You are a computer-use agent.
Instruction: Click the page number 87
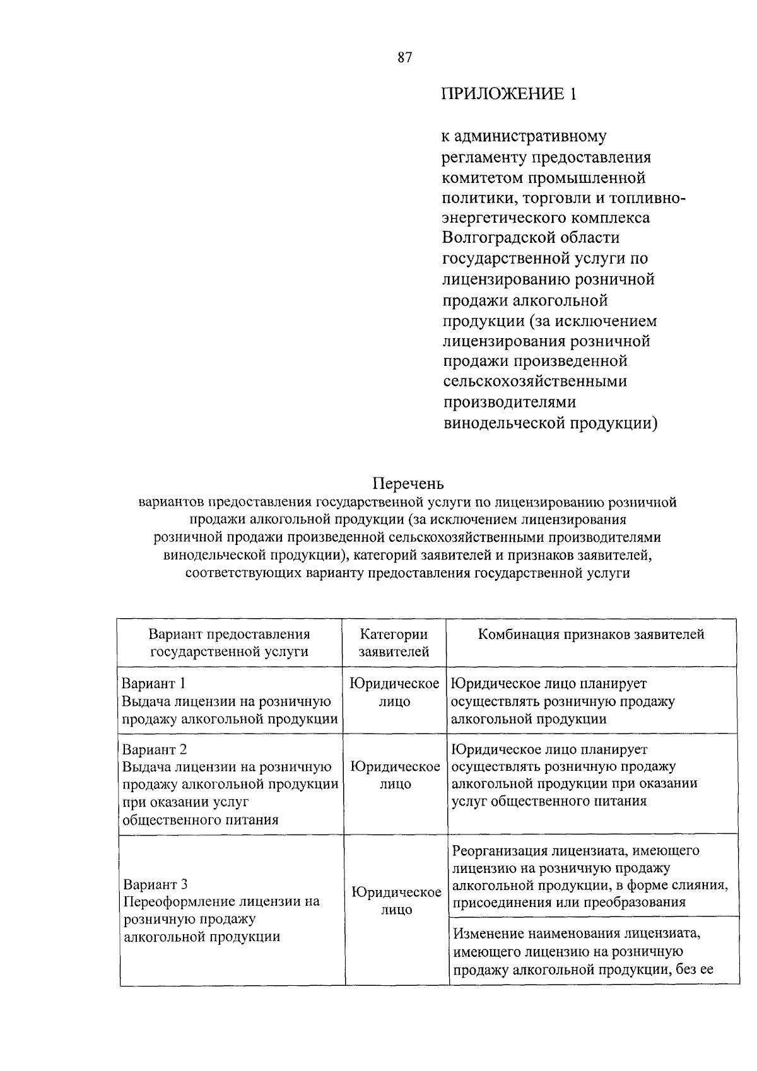[x=404, y=58]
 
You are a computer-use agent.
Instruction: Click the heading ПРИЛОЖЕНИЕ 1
[x=508, y=95]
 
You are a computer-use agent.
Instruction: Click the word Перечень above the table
[x=408, y=484]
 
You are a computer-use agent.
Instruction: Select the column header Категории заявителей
[x=394, y=643]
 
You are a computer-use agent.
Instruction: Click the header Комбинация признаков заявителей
[x=590, y=635]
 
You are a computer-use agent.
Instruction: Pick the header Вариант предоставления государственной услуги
[x=230, y=643]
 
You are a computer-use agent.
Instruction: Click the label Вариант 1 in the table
[x=153, y=684]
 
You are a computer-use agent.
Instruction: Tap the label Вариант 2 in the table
[x=154, y=750]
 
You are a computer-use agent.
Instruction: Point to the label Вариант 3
[x=155, y=884]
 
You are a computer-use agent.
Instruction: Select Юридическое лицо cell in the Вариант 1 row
[x=395, y=693]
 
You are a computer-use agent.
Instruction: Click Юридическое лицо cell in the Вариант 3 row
[x=396, y=901]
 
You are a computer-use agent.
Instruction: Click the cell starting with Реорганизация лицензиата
[x=589, y=876]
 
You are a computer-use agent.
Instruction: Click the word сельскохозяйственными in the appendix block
[x=534, y=382]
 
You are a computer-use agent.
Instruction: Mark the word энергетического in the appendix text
[x=508, y=218]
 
